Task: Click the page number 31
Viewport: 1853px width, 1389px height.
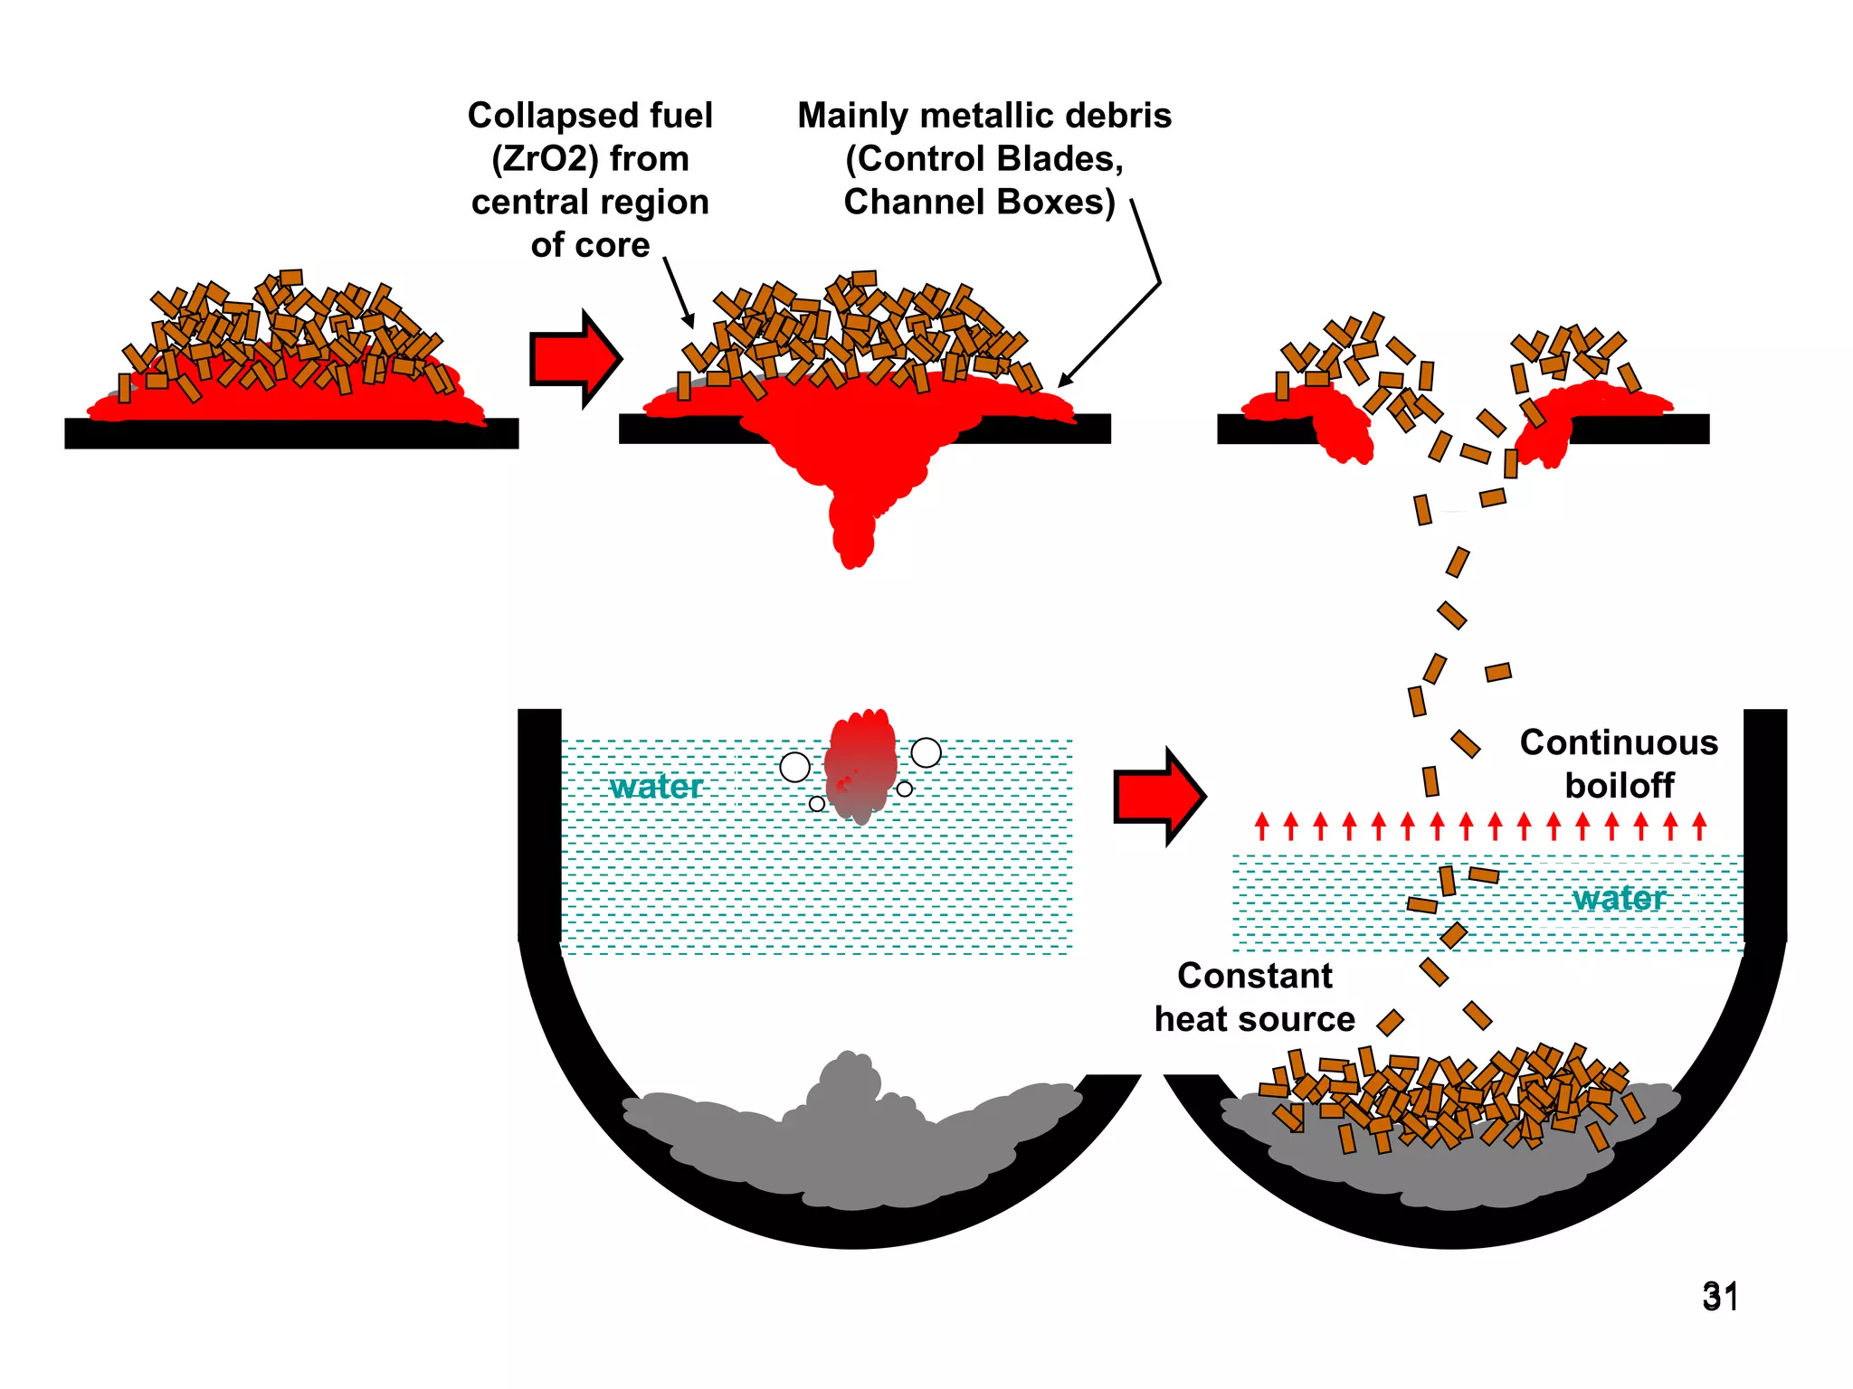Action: point(1719,1297)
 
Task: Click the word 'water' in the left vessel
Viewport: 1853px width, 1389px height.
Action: point(656,787)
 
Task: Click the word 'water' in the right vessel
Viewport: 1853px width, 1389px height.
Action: point(1619,898)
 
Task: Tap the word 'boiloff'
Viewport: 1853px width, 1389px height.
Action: point(1619,785)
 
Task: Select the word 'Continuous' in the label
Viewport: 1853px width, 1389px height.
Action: point(1619,742)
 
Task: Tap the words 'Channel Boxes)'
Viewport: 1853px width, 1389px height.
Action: point(979,202)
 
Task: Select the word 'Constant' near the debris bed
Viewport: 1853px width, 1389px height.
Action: point(1254,976)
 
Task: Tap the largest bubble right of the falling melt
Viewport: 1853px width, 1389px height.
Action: point(926,752)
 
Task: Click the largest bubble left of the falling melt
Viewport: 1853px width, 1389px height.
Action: point(794,767)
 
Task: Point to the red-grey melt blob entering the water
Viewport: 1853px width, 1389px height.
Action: point(861,764)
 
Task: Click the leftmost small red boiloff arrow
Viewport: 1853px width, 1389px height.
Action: point(1262,825)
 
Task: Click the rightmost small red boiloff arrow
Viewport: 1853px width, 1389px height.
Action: point(1699,825)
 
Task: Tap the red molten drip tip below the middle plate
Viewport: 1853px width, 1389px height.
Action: point(853,552)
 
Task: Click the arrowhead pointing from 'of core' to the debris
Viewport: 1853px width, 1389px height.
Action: point(689,321)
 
